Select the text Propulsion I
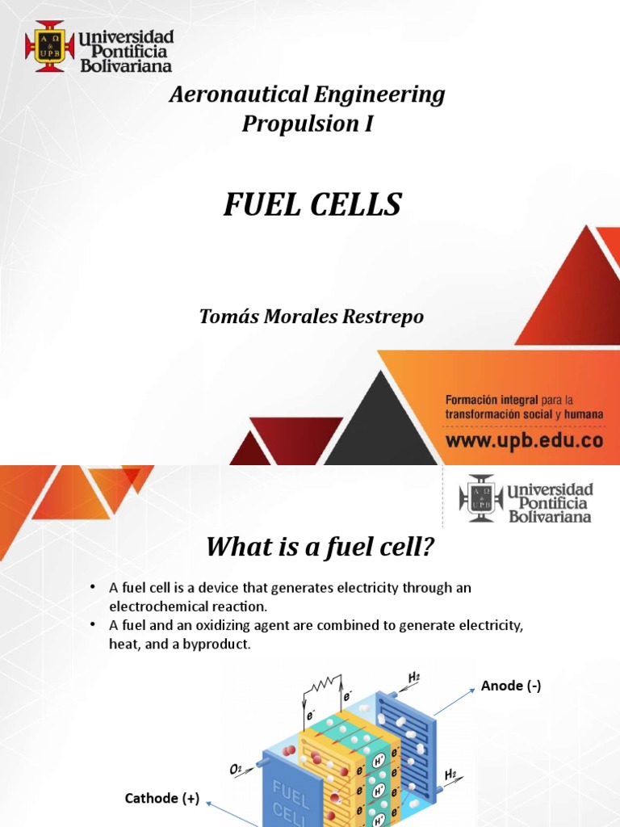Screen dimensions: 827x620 (x=308, y=124)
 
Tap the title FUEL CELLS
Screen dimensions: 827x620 (x=312, y=205)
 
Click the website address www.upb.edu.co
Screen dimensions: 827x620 (x=524, y=441)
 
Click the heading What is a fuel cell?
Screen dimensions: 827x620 (x=320, y=548)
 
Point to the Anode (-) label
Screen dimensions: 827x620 (x=510, y=686)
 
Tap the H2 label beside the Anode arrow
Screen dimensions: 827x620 (x=414, y=677)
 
